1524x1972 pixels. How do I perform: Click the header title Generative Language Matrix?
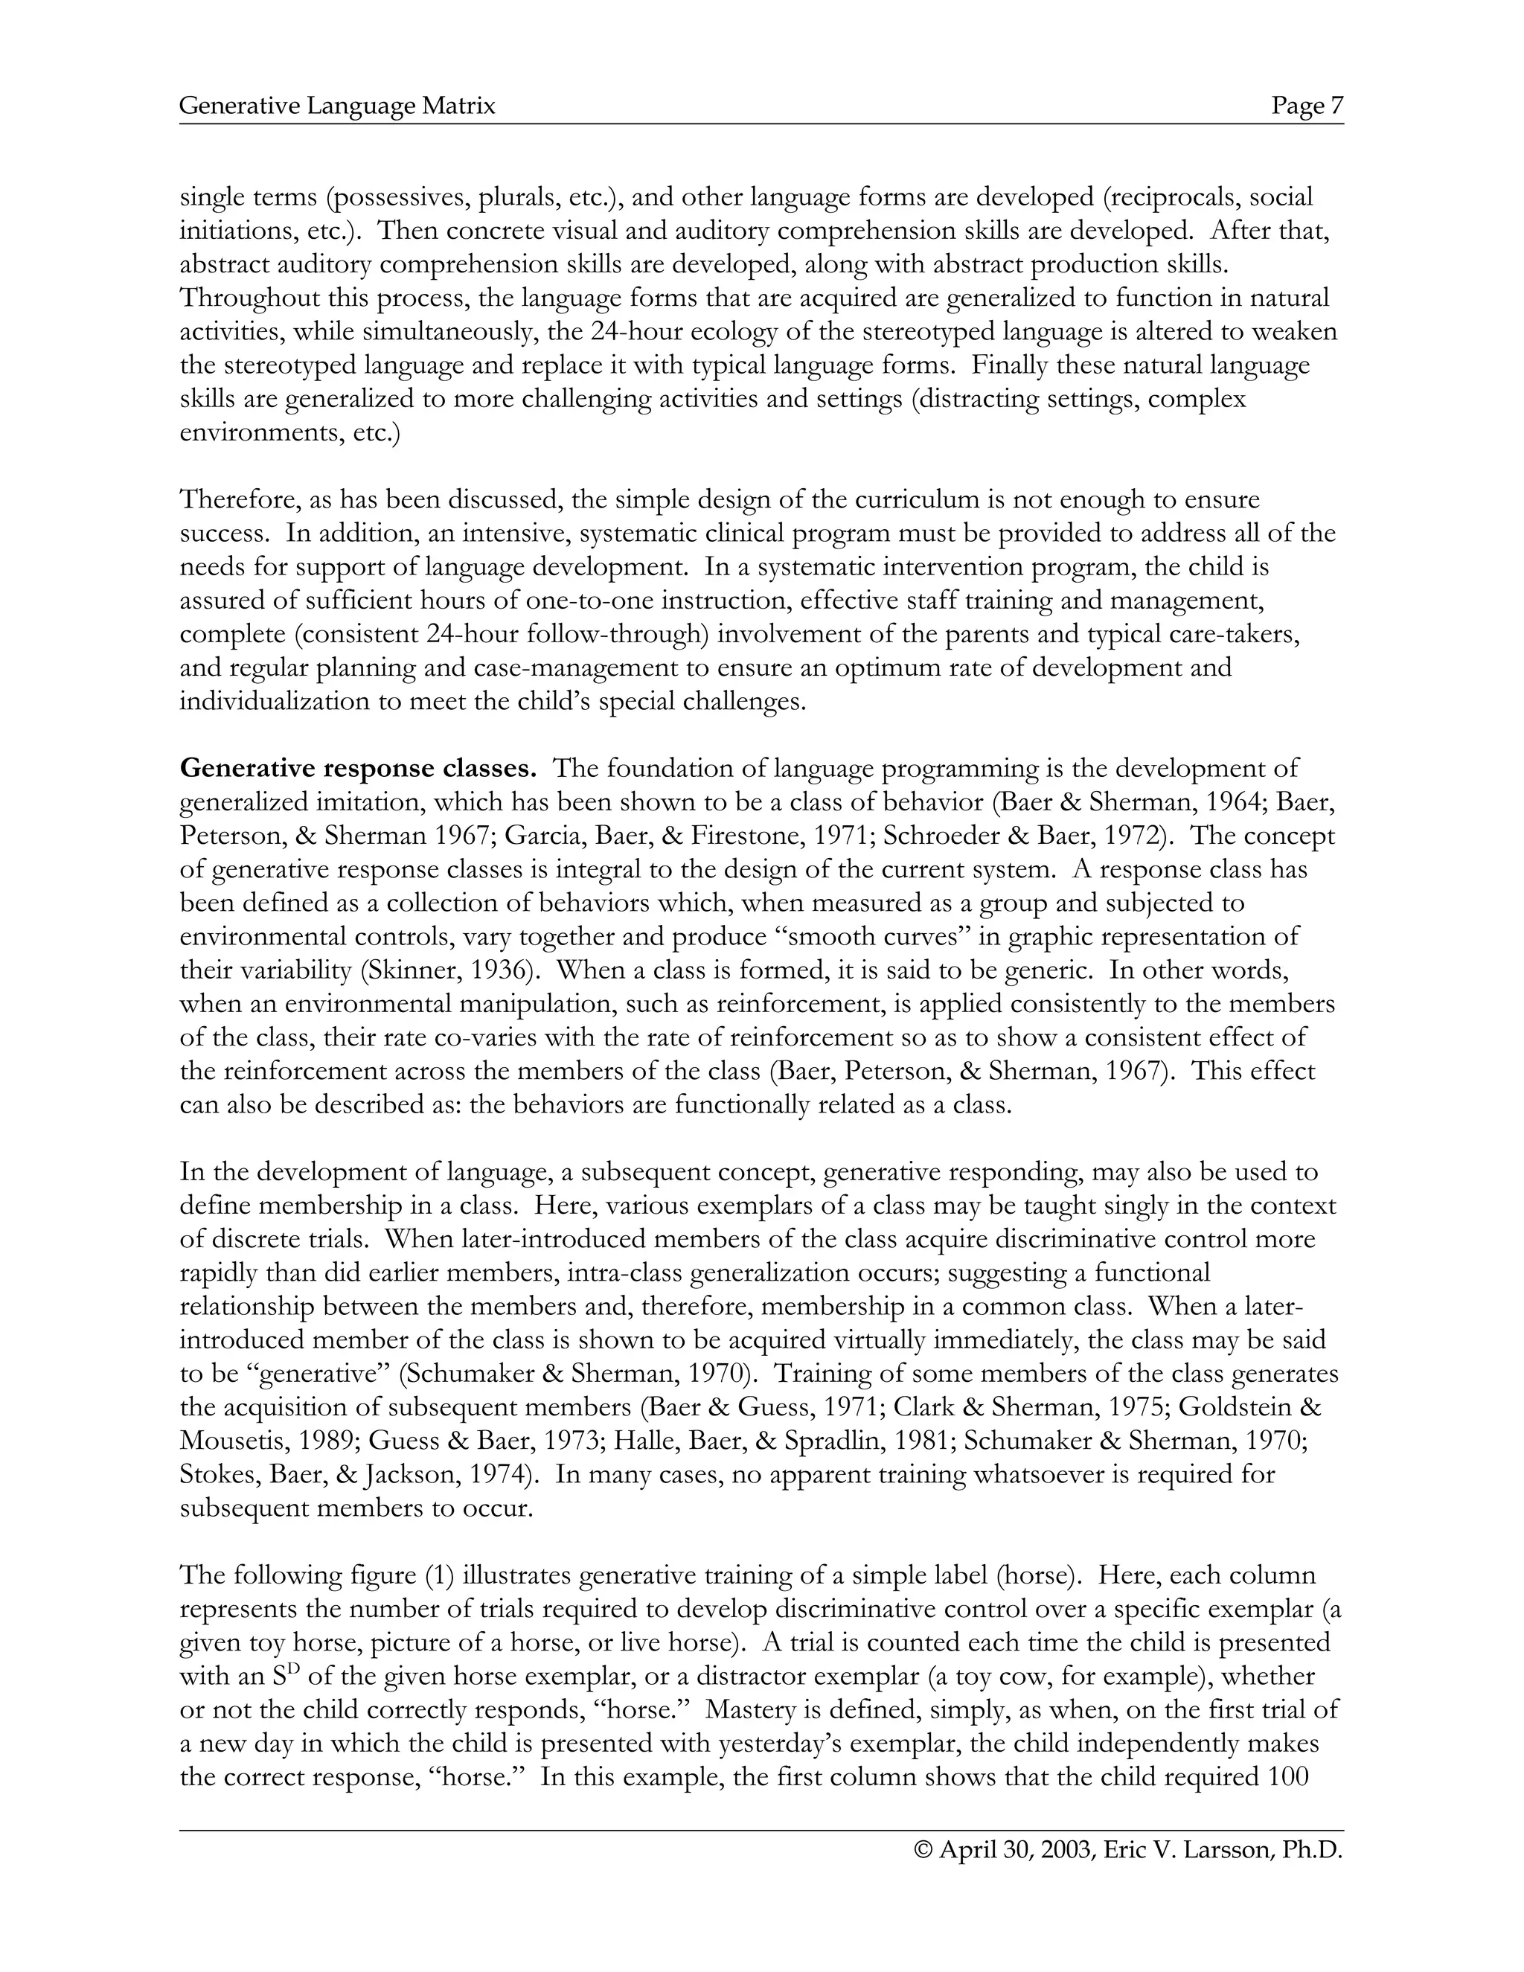coord(338,106)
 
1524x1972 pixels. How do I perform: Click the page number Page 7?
coord(1307,106)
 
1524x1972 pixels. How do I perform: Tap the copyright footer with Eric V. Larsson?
coord(1129,1850)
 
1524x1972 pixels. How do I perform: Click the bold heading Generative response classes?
coord(359,769)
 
